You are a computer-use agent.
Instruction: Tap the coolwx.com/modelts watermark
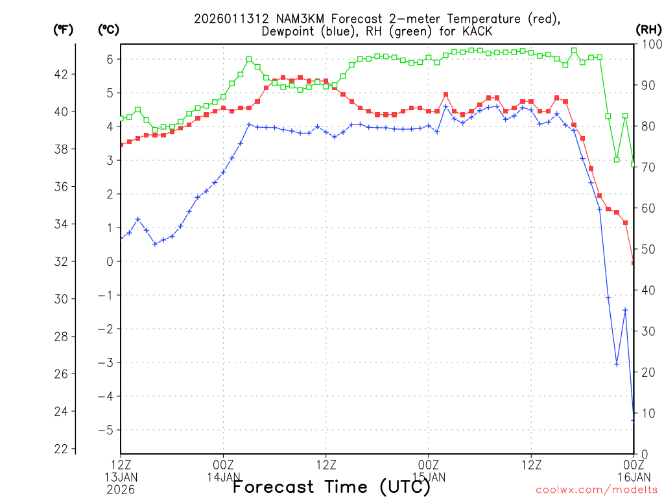pos(597,489)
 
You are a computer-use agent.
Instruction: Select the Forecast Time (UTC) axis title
pos(331,486)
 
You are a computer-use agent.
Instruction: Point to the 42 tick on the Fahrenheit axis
pos(60,74)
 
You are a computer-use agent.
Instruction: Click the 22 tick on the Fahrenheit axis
pos(60,449)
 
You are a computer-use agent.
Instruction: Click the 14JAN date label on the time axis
pos(224,477)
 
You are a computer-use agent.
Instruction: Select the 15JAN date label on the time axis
pos(429,477)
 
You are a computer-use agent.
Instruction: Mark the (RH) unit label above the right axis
pos(648,29)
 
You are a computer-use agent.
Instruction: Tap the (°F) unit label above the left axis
pos(63,29)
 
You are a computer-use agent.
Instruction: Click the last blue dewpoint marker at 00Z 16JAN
pos(634,420)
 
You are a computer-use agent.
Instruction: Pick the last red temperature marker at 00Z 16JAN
pos(634,263)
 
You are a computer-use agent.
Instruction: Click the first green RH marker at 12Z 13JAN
pos(121,119)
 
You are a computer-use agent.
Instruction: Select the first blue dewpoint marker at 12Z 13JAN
pos(121,238)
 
